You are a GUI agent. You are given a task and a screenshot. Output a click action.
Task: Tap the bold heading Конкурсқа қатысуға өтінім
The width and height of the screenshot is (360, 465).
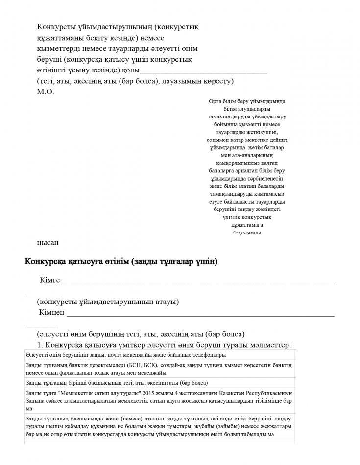(121, 262)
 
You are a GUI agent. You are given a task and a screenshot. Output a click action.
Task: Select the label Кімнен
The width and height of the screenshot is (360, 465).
(52, 312)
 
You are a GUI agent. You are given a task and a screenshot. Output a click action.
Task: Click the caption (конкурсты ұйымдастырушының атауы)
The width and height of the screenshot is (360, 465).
(107, 302)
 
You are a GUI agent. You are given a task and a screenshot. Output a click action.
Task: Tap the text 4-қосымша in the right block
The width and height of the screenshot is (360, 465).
(247, 232)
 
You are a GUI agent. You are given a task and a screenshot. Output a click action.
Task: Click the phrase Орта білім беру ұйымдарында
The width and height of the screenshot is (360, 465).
(247, 101)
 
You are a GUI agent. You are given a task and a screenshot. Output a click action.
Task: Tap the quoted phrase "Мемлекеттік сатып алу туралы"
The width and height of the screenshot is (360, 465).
(99, 393)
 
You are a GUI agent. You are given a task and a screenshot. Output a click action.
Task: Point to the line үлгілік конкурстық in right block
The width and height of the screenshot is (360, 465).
(247, 217)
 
